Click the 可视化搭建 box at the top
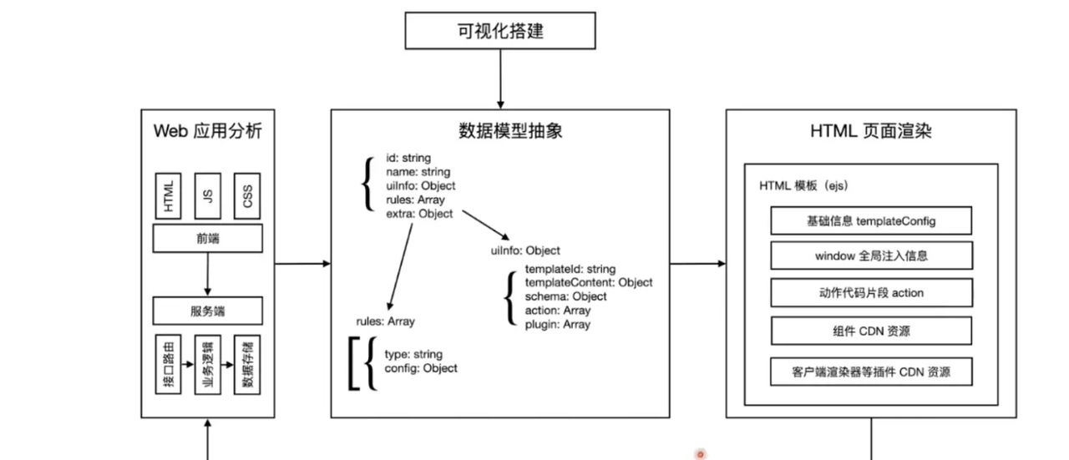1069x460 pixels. click(500, 31)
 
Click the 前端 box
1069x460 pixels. click(207, 239)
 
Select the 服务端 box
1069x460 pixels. click(207, 311)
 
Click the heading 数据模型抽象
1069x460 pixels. click(500, 131)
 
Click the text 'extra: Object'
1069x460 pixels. click(419, 214)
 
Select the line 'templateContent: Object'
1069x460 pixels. click(589, 282)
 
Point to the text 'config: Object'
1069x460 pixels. click(421, 368)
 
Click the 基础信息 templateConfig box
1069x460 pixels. click(871, 221)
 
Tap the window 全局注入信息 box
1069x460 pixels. click(871, 255)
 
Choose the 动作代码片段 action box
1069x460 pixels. click(871, 293)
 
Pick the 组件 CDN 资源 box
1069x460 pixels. click(871, 331)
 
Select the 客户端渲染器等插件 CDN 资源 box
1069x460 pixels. click(871, 372)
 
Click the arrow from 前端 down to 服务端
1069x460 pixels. click(207, 275)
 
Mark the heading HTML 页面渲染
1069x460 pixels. click(871, 131)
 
